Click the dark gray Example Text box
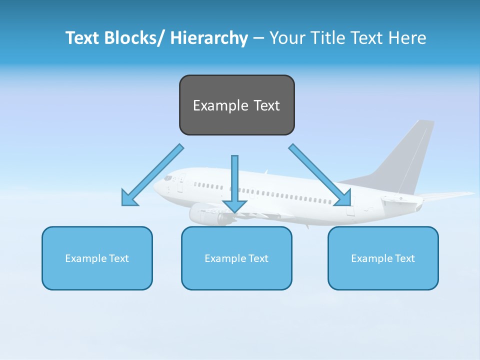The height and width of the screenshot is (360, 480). (236, 105)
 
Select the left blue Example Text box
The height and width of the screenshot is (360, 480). (97, 258)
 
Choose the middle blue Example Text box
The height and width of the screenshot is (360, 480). (236, 258)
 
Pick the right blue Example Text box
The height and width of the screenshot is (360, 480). (383, 258)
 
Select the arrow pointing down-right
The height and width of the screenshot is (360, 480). (320, 175)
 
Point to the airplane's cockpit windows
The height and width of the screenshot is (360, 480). (168, 177)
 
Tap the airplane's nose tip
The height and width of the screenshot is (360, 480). (155, 187)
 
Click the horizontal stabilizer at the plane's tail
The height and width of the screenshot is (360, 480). (445, 195)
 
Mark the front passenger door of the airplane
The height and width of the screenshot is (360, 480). (180, 183)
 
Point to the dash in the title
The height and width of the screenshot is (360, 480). (258, 38)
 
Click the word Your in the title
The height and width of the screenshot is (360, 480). (287, 38)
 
